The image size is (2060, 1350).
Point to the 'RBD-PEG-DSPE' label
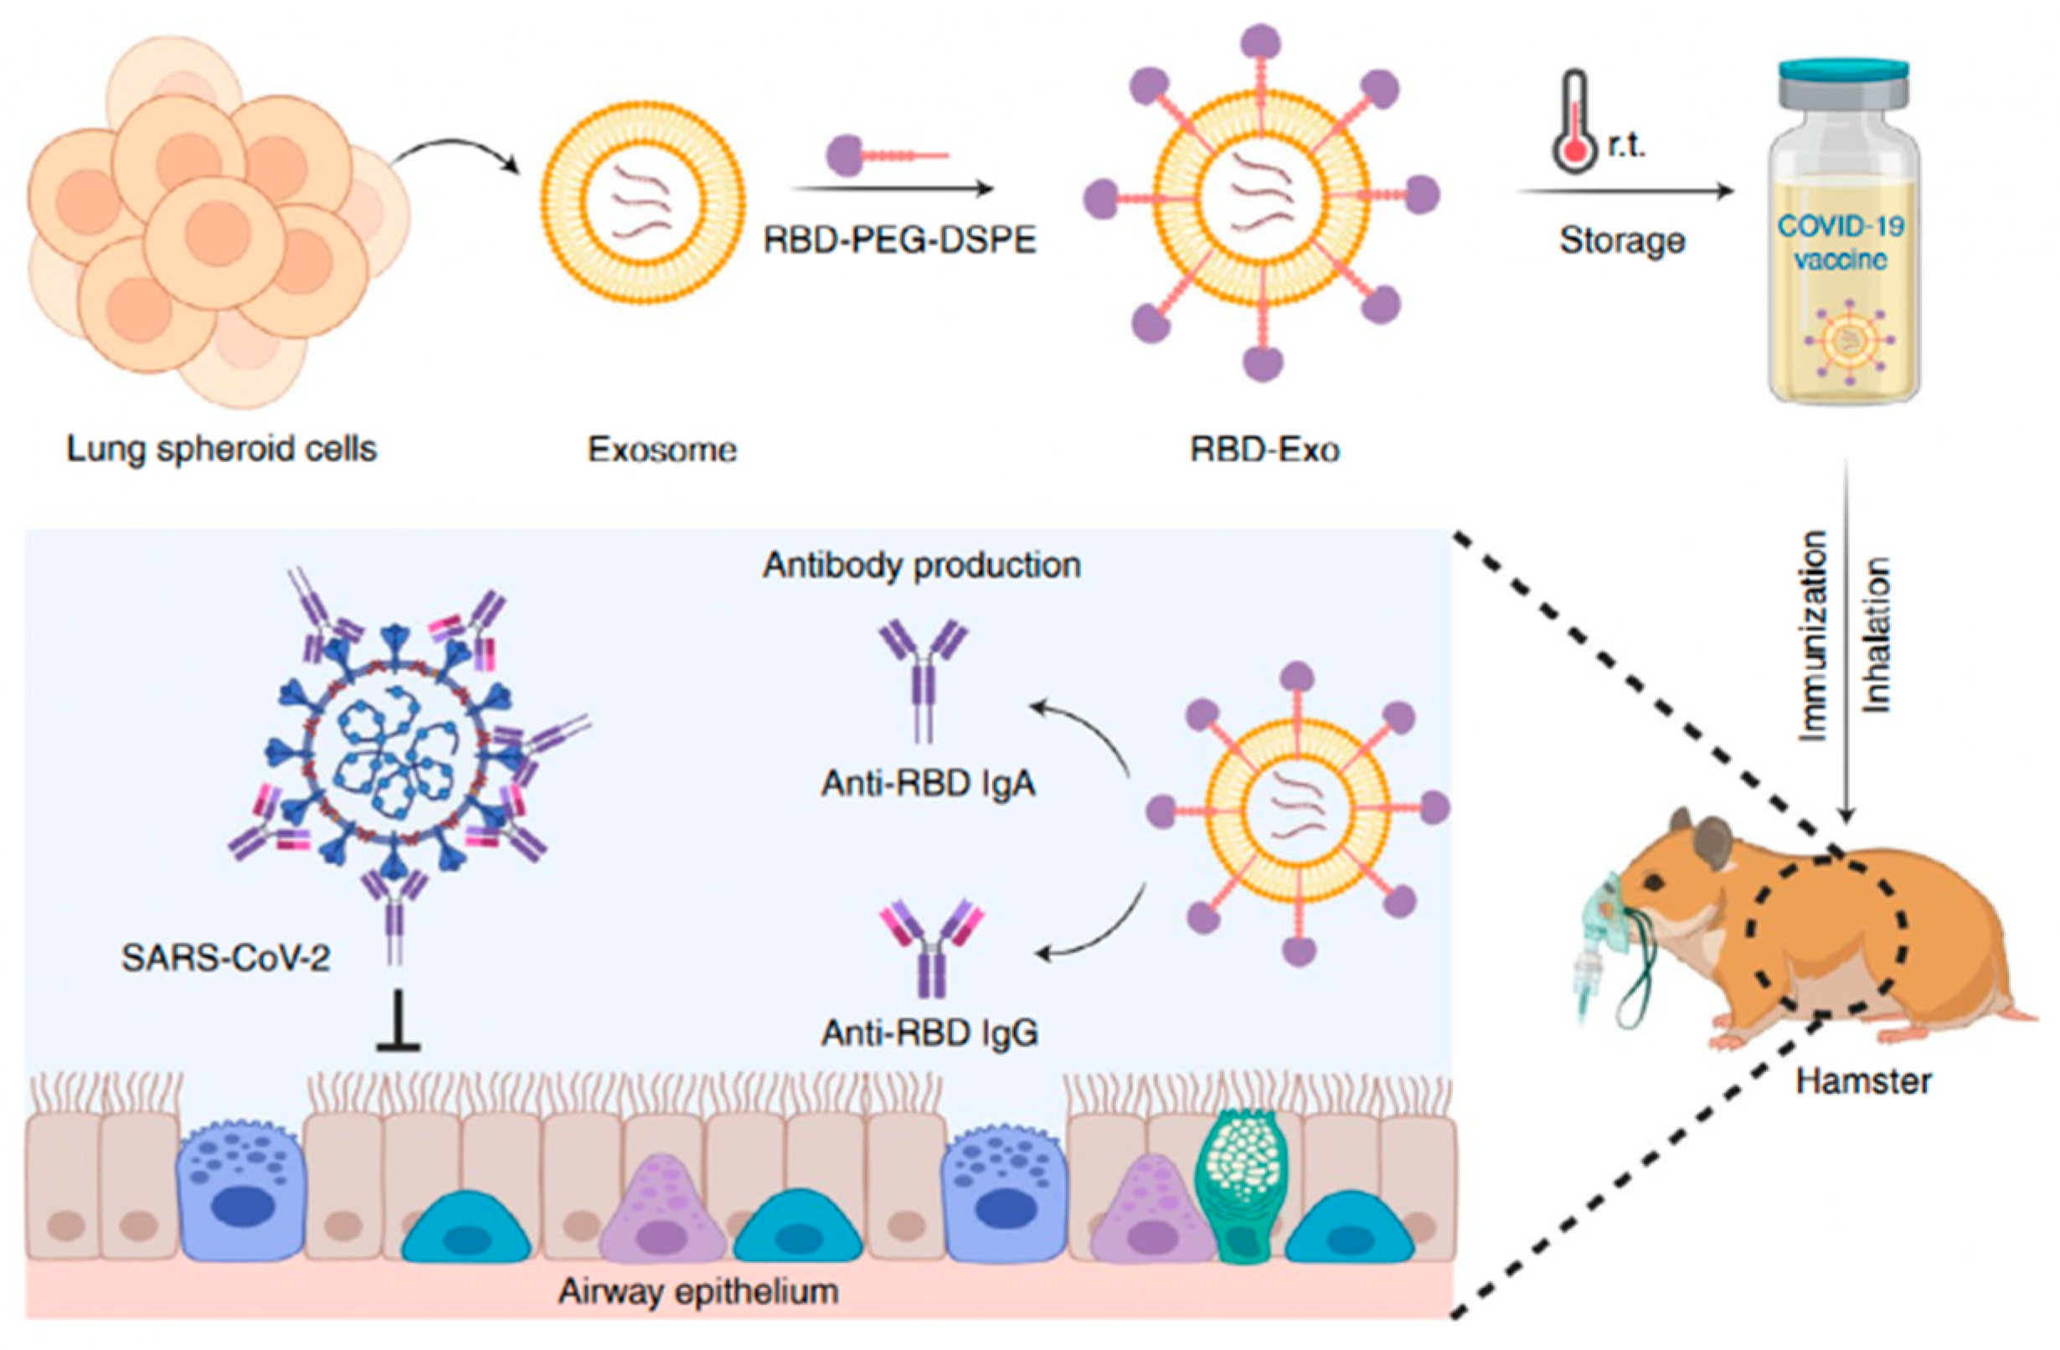coord(900,240)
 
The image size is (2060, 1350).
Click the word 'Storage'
coord(1622,240)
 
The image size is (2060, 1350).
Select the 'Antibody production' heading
coord(922,565)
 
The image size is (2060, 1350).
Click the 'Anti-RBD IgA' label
coord(929,784)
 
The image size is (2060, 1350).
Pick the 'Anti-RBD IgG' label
coord(930,1033)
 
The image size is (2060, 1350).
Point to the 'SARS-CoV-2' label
coord(226,958)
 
